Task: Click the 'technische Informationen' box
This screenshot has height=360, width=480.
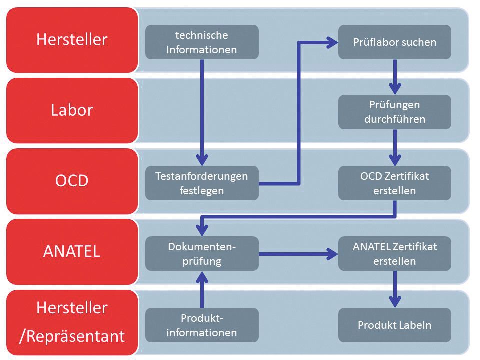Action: pos(202,42)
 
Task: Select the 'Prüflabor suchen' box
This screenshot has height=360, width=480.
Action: pos(395,42)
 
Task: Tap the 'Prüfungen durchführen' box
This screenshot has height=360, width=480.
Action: pos(395,112)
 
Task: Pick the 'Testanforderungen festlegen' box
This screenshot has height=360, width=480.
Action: pos(202,183)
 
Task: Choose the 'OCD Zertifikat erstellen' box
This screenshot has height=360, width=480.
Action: pos(395,183)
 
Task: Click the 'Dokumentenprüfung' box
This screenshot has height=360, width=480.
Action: pos(202,254)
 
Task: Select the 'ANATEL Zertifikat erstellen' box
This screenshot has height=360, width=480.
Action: pos(395,254)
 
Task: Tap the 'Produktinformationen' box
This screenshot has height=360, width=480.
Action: pos(202,325)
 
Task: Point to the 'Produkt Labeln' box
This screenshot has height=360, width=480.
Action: pos(395,325)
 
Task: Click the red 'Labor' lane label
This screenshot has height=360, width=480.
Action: pos(72,110)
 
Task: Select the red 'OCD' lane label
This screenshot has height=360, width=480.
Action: pos(72,181)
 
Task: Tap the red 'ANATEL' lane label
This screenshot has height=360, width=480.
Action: pos(72,251)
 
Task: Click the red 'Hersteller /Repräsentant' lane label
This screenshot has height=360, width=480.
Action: pos(72,322)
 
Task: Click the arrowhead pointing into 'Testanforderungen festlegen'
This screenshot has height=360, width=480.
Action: pos(202,160)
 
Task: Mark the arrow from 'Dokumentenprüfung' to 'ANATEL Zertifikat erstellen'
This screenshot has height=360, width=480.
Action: pos(298,254)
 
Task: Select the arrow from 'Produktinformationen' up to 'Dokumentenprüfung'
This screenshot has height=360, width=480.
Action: pos(202,289)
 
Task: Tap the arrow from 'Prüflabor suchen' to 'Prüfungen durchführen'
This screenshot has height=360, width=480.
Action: pos(395,77)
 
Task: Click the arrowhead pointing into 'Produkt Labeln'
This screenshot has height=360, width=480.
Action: pos(395,302)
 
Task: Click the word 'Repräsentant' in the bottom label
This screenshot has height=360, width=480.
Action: pos(75,336)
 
